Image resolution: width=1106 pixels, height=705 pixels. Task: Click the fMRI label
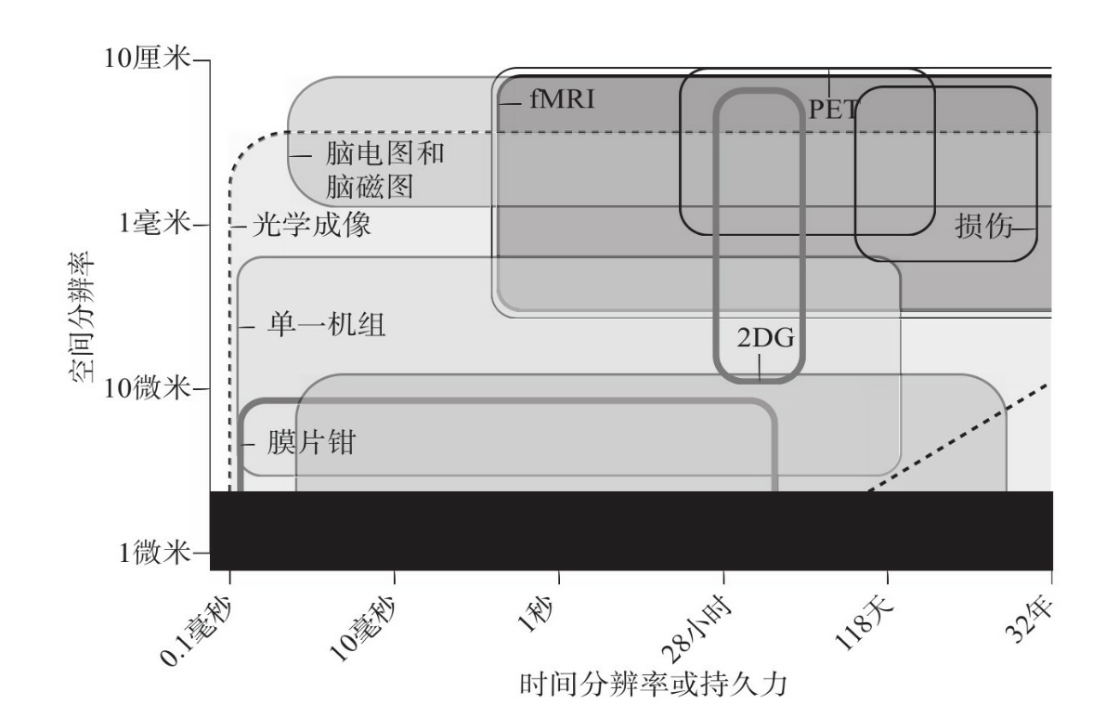(x=562, y=100)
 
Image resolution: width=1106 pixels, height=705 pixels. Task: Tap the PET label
(x=833, y=109)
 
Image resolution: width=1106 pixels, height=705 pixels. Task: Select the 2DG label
(x=766, y=337)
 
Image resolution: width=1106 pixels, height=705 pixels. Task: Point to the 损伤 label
(x=983, y=226)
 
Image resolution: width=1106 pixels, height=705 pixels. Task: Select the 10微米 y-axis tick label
(x=149, y=388)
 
